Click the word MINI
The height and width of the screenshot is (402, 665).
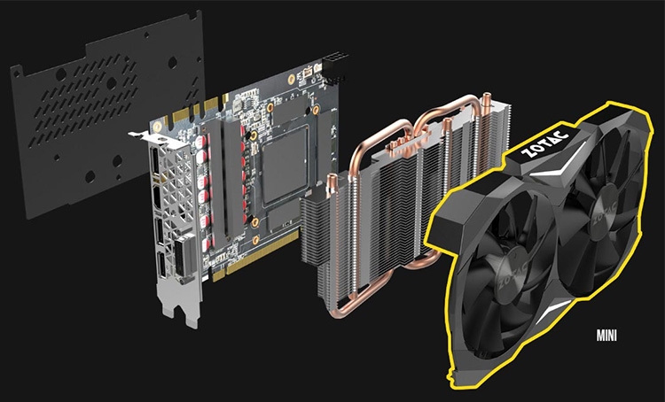pyautogui.click(x=606, y=336)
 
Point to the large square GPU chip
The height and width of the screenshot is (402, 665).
pyautogui.click(x=285, y=166)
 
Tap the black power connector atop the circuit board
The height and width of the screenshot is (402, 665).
pyautogui.click(x=334, y=69)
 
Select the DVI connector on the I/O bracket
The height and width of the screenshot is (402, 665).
pyautogui.click(x=185, y=257)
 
